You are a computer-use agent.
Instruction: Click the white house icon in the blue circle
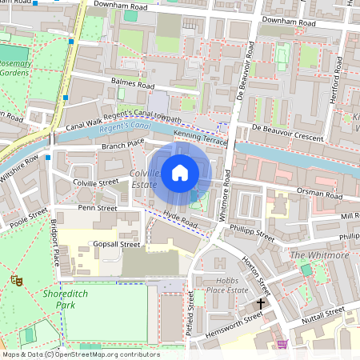[x=180, y=172]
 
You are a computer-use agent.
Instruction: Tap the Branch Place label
[x=122, y=144]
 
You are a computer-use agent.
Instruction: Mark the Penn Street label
[x=97, y=208]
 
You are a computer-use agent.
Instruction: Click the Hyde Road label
[x=180, y=218]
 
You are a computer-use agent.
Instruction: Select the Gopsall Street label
[x=117, y=244]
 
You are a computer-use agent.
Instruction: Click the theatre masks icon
[x=15, y=281]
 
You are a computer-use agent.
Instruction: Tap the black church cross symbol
[x=260, y=304]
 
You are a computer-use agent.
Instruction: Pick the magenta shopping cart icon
[x=282, y=344]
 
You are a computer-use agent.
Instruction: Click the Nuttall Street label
[x=324, y=314]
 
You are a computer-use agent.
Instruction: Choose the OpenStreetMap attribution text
[x=80, y=354]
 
